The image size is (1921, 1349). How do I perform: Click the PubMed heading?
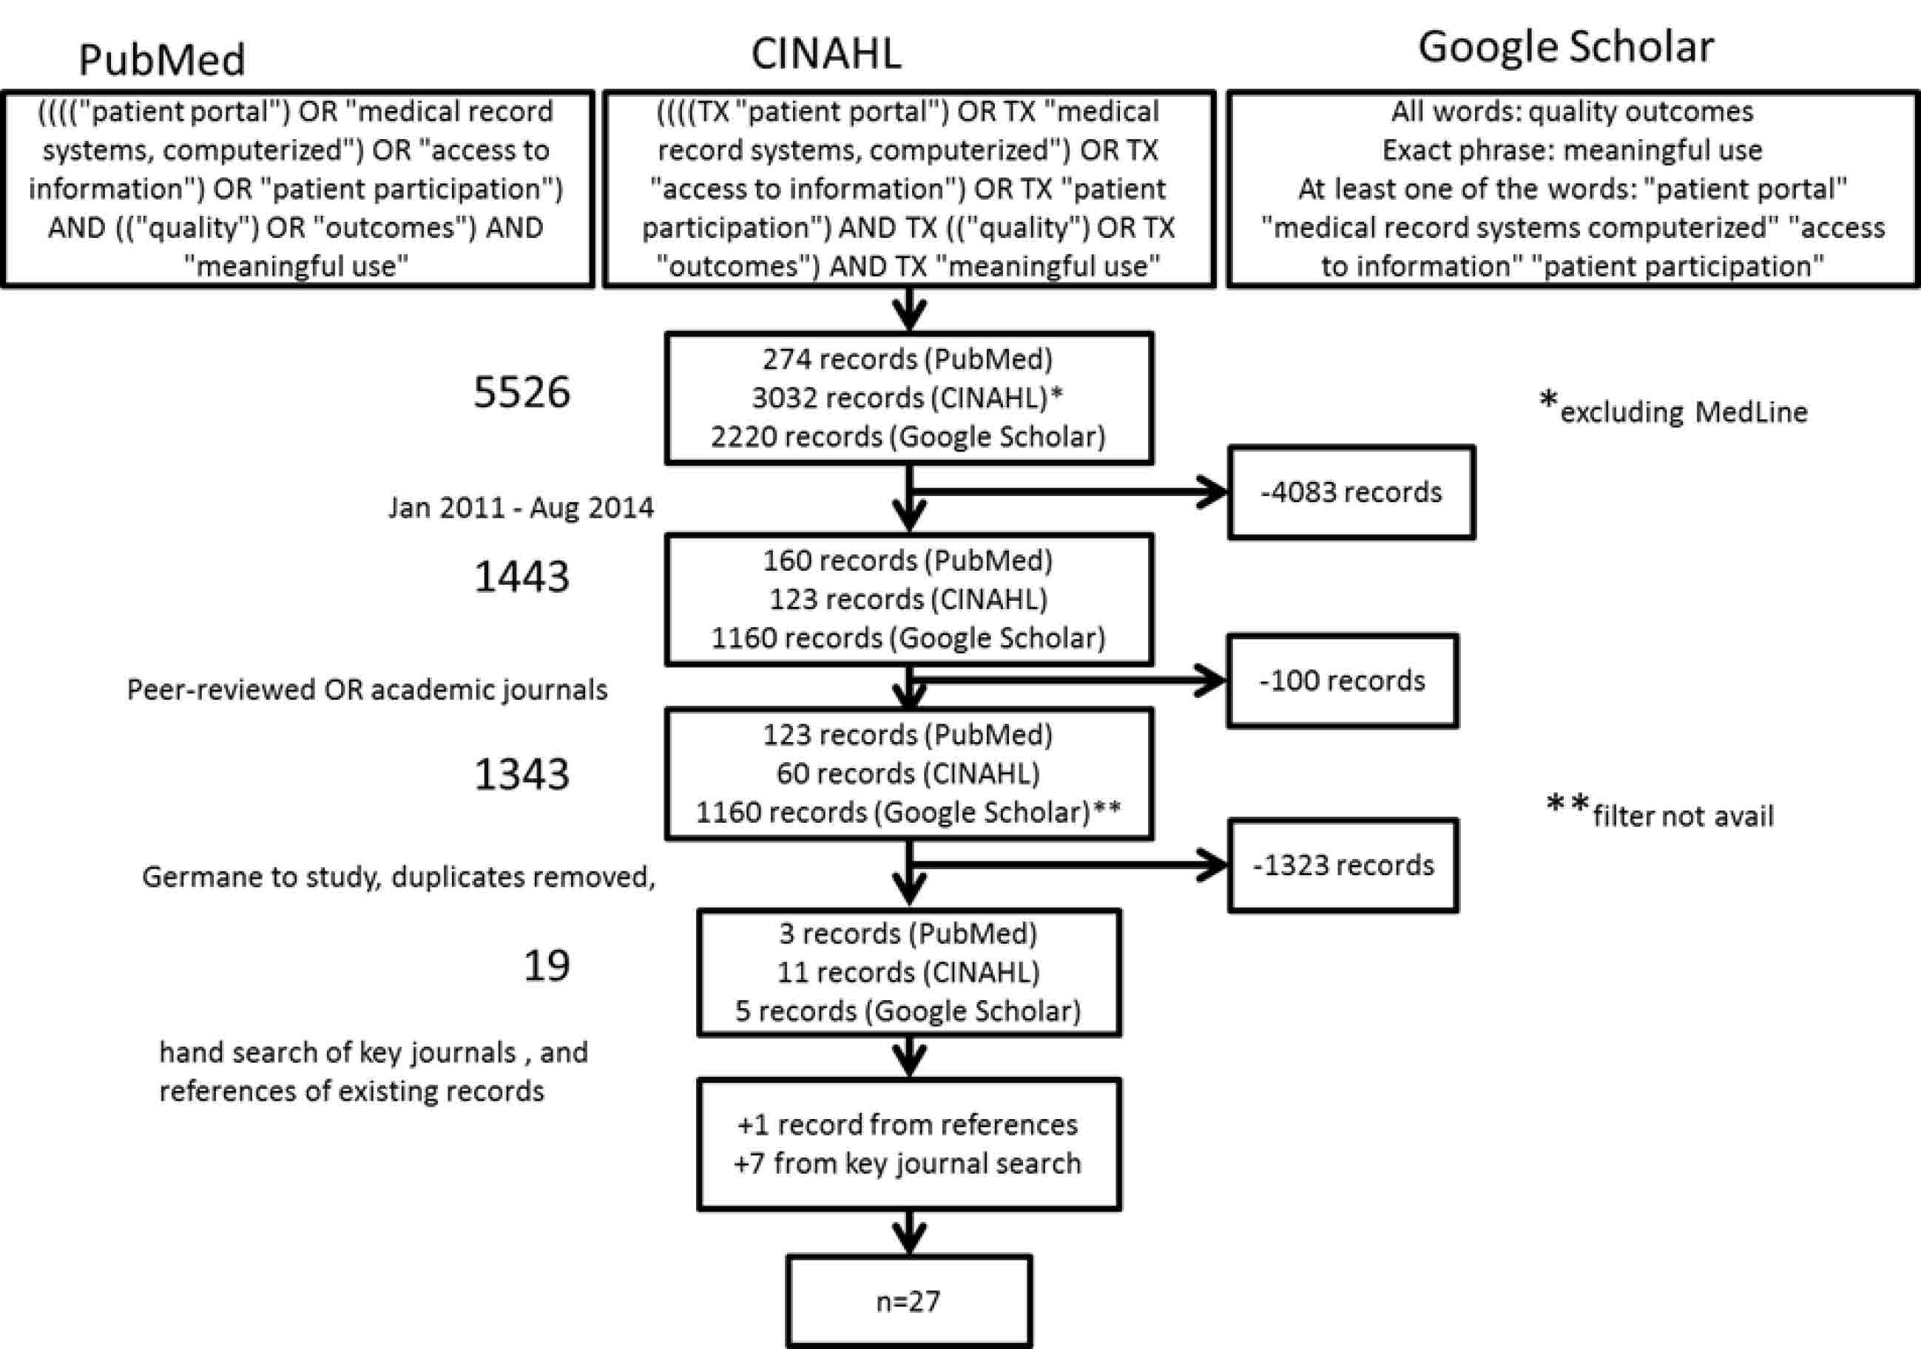(161, 59)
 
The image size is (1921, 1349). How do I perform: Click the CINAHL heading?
(826, 53)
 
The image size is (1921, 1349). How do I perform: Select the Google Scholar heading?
(1565, 47)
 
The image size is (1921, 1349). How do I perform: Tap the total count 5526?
(521, 392)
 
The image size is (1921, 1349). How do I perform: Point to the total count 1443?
(521, 577)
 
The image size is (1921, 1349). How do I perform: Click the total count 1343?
(521, 774)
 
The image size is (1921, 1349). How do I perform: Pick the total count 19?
(547, 965)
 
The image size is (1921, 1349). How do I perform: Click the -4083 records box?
(1351, 492)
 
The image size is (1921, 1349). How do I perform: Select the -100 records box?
(1342, 681)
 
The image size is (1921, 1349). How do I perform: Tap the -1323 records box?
(1343, 865)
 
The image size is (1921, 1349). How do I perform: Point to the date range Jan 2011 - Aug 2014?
(521, 508)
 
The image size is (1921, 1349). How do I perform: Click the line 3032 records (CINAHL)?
(907, 397)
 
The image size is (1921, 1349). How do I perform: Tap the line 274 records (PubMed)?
(907, 359)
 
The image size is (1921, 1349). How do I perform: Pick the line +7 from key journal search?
(907, 1163)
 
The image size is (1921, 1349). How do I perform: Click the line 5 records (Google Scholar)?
(908, 1010)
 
